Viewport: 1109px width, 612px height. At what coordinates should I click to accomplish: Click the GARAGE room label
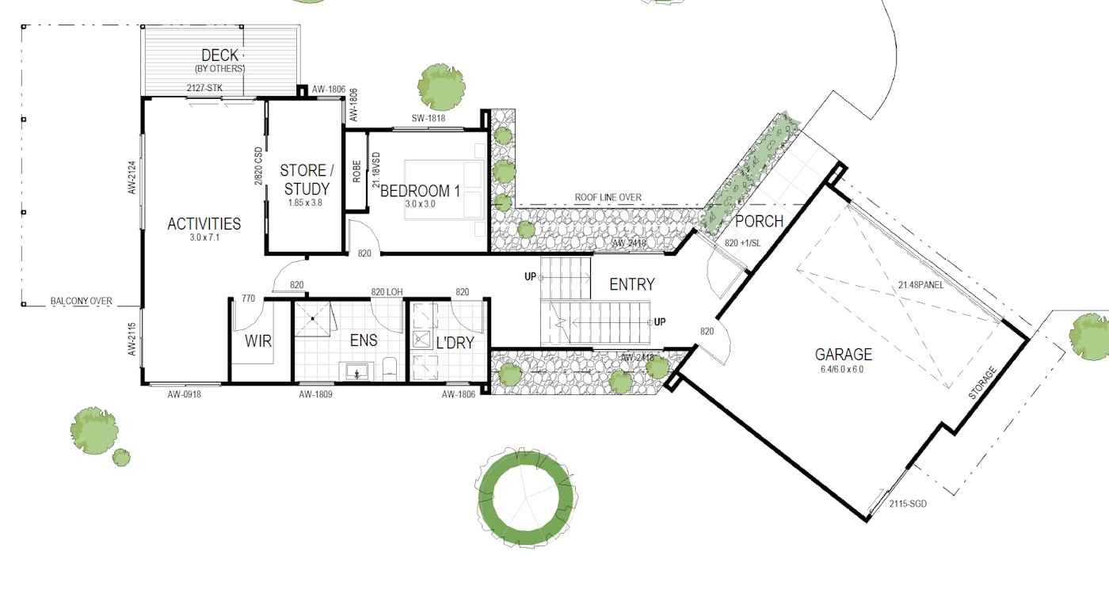[x=843, y=354]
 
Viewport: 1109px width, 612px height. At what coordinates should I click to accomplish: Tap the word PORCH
[x=759, y=221]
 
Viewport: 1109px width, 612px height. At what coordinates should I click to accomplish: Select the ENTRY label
[x=632, y=284]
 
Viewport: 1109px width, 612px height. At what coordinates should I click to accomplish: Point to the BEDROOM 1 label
[x=420, y=191]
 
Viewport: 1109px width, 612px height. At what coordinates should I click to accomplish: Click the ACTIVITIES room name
[x=204, y=223]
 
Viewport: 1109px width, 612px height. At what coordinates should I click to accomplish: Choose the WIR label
[x=258, y=341]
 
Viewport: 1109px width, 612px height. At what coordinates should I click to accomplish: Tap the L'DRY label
[x=455, y=342]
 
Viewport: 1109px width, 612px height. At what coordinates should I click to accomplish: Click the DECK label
[x=220, y=55]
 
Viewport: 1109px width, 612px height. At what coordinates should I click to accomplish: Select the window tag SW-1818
[x=429, y=118]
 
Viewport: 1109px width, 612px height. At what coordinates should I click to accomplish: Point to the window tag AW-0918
[x=184, y=394]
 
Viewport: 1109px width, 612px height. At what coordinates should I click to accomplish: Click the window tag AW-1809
[x=315, y=394]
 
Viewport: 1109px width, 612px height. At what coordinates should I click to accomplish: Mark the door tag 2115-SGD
[x=908, y=504]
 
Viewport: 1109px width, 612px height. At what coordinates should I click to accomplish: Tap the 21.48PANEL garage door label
[x=920, y=285]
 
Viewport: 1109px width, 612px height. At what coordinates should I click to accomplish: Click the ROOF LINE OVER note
[x=608, y=197]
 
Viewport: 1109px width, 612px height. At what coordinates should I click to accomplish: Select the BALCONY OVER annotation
[x=81, y=301]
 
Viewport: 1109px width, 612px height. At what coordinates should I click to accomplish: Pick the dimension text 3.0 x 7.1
[x=204, y=238]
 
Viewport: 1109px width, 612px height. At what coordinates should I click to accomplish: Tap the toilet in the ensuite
[x=390, y=369]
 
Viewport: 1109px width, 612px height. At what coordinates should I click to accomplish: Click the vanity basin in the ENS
[x=356, y=371]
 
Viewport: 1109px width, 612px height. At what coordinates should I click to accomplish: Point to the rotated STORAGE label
[x=981, y=383]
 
